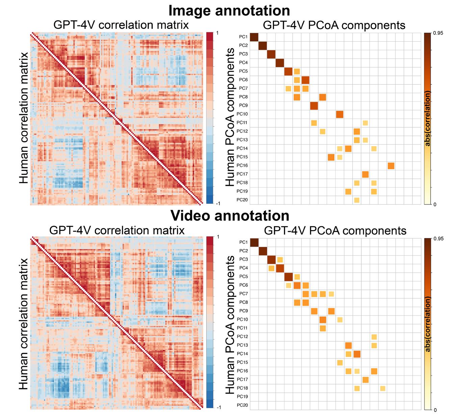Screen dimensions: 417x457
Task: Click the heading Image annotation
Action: click(229, 10)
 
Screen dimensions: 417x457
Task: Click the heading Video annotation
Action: click(230, 215)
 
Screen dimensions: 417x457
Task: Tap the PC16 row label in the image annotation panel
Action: click(242, 166)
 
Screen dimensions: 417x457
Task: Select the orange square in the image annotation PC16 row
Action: click(391, 166)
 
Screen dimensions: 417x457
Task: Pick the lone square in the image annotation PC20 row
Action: click(357, 200)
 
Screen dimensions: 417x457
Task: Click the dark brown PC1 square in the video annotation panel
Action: click(254, 243)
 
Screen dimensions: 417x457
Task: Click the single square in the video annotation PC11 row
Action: click(323, 328)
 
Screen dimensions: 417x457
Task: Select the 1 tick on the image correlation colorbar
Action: click(217, 33)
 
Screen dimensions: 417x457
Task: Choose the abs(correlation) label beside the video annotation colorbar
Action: click(428, 324)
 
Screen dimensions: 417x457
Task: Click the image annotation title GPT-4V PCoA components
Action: click(334, 25)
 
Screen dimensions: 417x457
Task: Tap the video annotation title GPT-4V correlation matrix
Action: click(117, 231)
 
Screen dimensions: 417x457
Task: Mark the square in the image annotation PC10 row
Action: click(339, 114)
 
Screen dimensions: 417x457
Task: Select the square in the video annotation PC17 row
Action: click(365, 380)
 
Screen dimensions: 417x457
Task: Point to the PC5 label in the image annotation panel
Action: click(243, 71)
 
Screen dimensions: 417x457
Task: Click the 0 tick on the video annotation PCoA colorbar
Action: click(435, 410)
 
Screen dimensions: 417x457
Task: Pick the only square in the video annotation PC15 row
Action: click(340, 363)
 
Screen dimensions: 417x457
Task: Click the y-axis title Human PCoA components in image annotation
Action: click(230, 117)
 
